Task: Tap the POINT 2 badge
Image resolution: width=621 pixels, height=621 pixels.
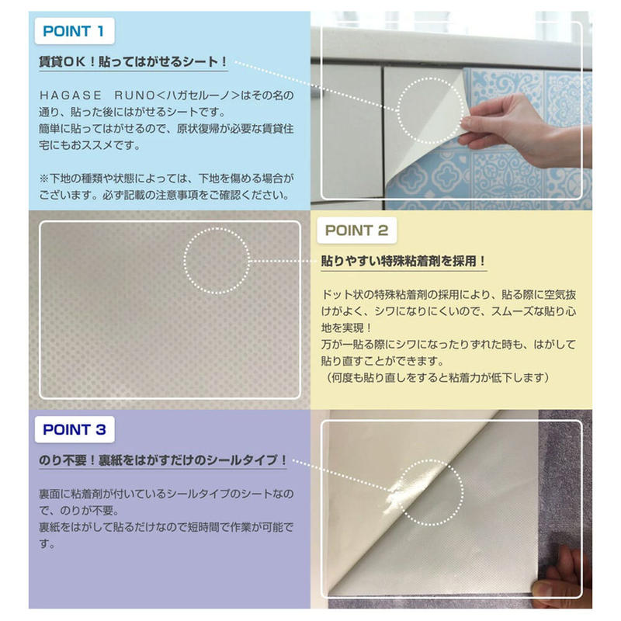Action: pos(356,231)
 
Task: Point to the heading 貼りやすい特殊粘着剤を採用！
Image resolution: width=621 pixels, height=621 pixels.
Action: pos(404,262)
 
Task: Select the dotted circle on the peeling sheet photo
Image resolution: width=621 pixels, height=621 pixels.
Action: pos(431,109)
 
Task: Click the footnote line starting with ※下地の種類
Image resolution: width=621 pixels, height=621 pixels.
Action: pos(166,179)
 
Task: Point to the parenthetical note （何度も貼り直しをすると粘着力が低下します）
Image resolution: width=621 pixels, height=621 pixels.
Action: pos(438,377)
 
